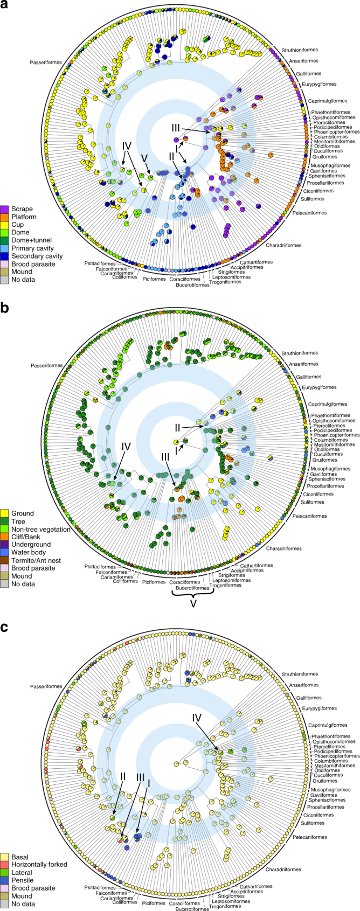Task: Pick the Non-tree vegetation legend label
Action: (41, 529)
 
